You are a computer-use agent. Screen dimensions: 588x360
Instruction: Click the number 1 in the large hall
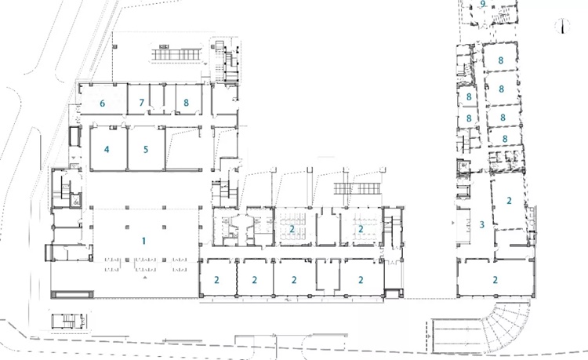[143, 241]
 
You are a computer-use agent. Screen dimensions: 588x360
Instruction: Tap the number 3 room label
[482, 224]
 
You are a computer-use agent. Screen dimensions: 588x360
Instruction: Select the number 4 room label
[107, 149]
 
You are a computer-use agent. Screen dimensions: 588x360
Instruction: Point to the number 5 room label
[146, 149]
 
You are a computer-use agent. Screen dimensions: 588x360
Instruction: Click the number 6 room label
[102, 103]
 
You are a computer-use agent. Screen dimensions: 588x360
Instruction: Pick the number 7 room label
[141, 103]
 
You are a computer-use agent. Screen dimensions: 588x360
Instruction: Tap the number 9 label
[483, 4]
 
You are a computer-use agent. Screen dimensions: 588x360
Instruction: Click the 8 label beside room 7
[186, 103]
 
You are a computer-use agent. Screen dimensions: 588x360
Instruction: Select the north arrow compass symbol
[562, 26]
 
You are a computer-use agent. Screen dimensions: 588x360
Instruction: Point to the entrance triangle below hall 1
[145, 278]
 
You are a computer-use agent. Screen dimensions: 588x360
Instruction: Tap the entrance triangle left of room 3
[453, 223]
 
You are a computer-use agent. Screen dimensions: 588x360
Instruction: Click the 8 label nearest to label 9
[501, 60]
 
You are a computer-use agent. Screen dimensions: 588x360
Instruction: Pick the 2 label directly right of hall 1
[216, 280]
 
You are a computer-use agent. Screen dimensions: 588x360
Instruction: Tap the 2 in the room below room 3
[495, 280]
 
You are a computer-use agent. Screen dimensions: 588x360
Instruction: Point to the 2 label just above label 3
[509, 201]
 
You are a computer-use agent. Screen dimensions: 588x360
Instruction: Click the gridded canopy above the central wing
[358, 188]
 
